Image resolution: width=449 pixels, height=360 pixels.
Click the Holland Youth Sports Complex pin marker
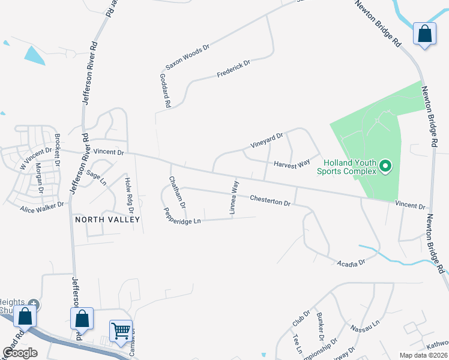[x=385, y=166]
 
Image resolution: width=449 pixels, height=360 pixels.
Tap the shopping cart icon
[x=121, y=331]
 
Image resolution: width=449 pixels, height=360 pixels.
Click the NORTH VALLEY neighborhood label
[x=107, y=220]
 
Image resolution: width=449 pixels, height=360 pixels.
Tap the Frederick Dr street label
[x=233, y=68]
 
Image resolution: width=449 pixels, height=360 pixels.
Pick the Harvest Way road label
[x=292, y=163]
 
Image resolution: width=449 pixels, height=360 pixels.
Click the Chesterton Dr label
[x=270, y=199]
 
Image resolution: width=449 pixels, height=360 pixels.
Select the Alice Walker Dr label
[x=41, y=207]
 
